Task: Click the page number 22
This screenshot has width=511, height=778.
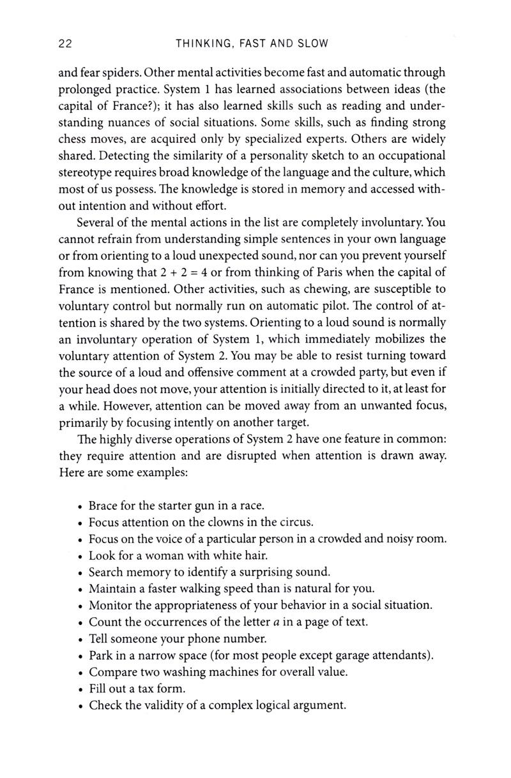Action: (x=65, y=44)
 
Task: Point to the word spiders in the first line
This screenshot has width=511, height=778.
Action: (x=121, y=73)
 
